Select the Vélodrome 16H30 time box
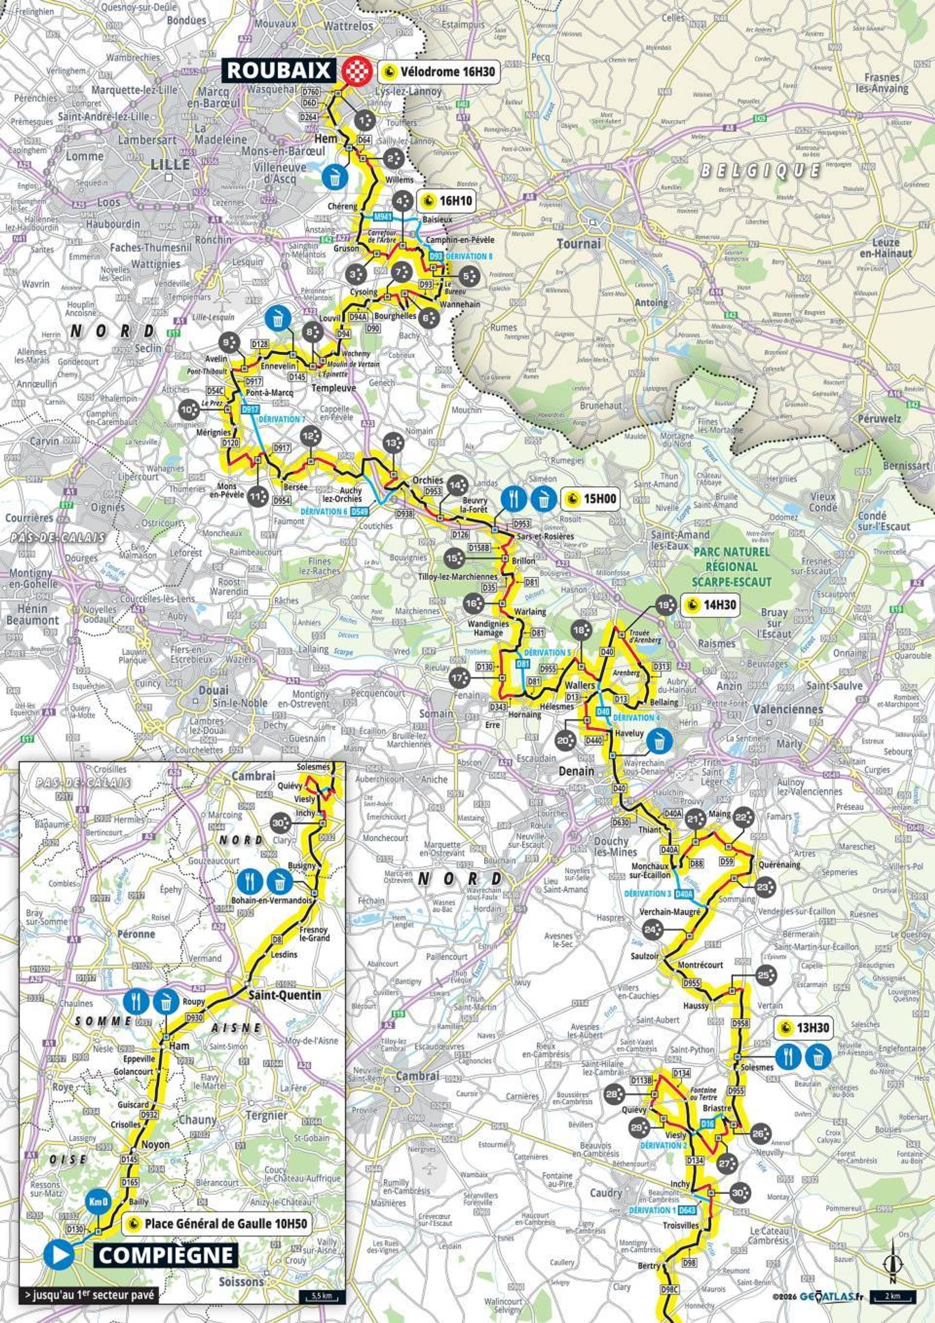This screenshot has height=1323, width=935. (x=438, y=72)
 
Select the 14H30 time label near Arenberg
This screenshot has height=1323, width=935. (x=709, y=605)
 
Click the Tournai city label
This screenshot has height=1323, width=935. (x=579, y=244)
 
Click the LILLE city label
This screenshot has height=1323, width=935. (x=170, y=164)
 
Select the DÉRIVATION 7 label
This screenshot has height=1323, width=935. (x=282, y=419)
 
